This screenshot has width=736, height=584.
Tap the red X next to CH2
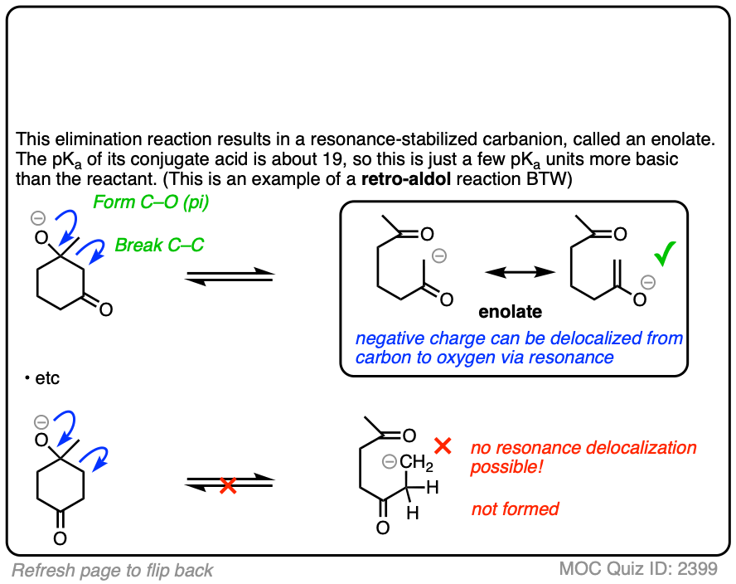click(443, 446)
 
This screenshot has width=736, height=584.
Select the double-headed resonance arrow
click(519, 271)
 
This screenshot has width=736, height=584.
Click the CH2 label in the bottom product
click(413, 462)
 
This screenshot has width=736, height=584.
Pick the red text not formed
click(515, 509)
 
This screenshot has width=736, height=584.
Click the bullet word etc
click(47, 378)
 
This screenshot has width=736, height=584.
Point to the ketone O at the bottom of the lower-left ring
click(60, 538)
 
